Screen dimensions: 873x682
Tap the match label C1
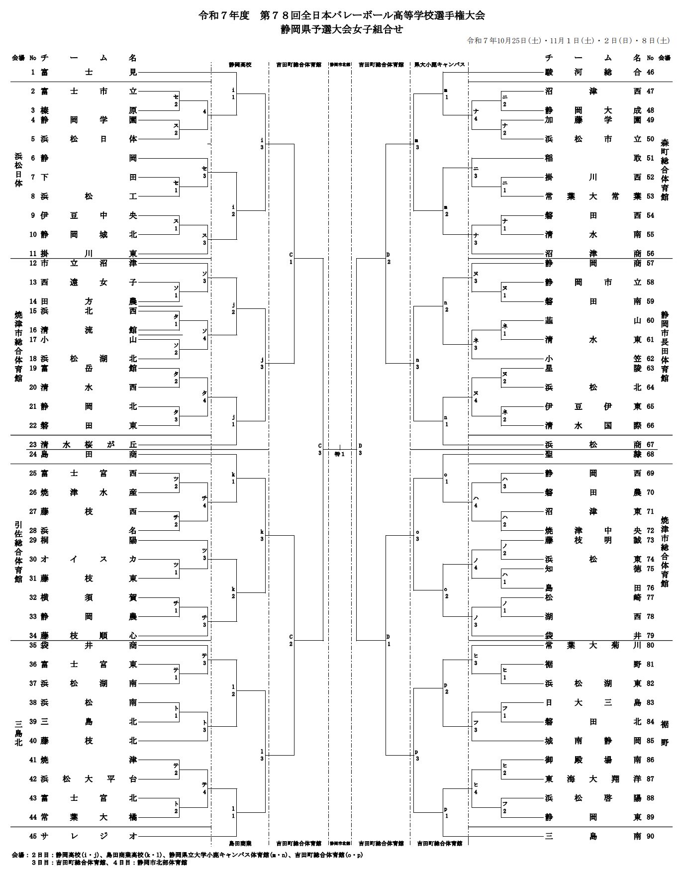(291, 258)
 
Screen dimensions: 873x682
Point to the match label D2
(389, 258)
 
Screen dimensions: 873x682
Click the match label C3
(320, 449)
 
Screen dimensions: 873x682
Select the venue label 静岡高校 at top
(240, 65)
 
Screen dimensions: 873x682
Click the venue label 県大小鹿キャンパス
(439, 65)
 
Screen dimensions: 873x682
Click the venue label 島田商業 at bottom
(240, 843)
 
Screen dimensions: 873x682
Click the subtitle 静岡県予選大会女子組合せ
(341, 29)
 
